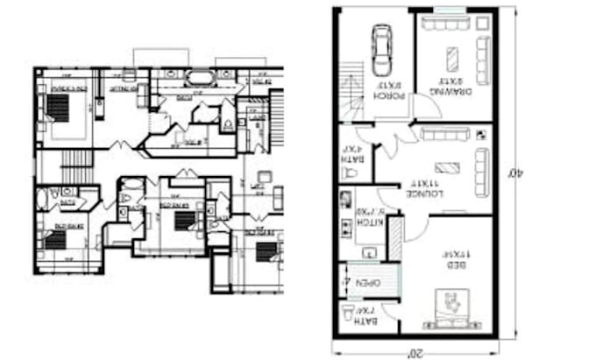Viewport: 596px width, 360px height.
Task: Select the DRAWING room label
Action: tap(453, 88)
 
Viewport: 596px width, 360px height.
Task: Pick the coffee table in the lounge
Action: tap(448, 167)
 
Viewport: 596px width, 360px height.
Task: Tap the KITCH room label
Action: tap(365, 217)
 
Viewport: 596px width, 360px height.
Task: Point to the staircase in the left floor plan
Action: tap(76, 162)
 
